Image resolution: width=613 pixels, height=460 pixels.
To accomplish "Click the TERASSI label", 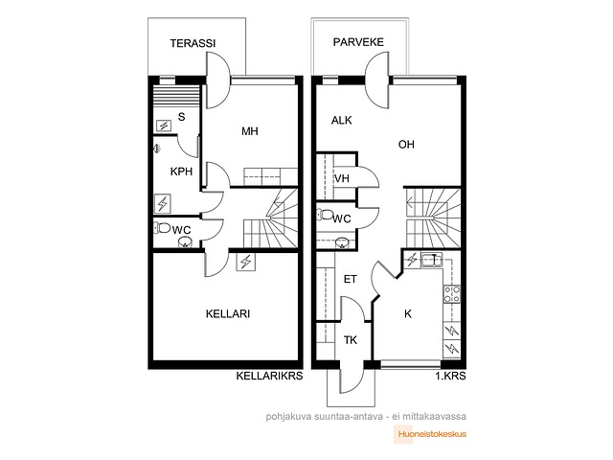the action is point(193,43).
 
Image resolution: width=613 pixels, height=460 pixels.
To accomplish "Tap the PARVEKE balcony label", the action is point(358,42).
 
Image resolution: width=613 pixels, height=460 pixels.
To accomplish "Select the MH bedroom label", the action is point(250,131).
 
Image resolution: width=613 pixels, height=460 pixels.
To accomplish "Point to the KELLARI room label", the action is point(228,313).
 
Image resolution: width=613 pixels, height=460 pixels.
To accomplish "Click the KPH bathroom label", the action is point(181,172).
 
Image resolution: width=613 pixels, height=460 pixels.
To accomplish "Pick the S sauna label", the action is point(181,117).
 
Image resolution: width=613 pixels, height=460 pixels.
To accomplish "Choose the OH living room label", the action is point(406,145).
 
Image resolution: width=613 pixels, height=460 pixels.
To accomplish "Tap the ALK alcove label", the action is point(342,120).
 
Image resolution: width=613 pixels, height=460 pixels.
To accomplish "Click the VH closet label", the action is point(342,178).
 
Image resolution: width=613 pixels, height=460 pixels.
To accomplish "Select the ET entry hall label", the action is point(351,279).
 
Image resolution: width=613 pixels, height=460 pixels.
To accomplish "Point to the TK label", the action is point(351,340).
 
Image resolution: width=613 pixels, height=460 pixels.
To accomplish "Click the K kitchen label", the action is point(408,313).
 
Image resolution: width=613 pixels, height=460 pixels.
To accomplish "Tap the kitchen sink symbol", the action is point(432,260).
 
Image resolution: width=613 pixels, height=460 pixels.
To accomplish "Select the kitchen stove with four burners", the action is point(452,294).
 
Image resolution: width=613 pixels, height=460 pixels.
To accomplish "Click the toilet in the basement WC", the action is point(162,227).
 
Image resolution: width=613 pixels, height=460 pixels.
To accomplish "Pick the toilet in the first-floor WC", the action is point(325,215).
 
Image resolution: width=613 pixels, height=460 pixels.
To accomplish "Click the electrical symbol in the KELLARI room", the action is point(246,262).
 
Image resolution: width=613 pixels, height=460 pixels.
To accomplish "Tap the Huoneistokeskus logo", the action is point(430,434).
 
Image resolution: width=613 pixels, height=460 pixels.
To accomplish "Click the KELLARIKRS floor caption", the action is point(269,376).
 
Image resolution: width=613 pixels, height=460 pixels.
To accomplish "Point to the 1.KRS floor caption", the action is point(451,376).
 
